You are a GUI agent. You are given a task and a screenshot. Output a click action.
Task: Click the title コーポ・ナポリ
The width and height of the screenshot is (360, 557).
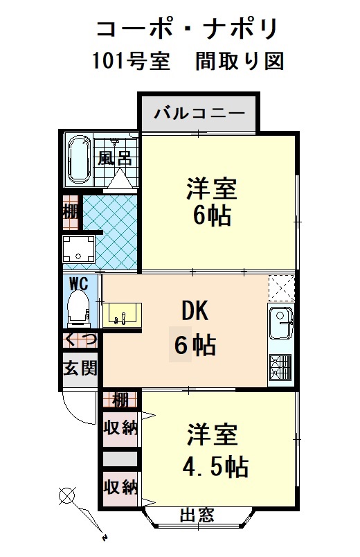tap(187, 29)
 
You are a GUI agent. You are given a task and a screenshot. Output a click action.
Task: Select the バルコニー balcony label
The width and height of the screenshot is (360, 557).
tap(199, 113)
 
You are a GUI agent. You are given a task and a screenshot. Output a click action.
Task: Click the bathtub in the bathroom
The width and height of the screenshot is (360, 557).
tap(80, 160)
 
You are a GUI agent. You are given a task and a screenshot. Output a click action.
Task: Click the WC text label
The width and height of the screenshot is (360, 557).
tap(79, 284)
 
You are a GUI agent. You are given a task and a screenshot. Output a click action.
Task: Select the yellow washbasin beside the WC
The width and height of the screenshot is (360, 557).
tap(123, 315)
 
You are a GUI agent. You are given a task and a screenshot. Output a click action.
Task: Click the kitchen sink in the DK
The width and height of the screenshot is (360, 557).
tap(281, 323)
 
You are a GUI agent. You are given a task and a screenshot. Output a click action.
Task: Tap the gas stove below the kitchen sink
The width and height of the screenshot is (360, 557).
tap(280, 367)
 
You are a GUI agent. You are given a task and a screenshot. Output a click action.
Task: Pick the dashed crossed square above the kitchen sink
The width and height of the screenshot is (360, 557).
tap(282, 288)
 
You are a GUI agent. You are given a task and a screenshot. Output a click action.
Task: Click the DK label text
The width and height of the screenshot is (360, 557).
tap(195, 310)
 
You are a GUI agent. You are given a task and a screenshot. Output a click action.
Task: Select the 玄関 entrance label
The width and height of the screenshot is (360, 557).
tap(80, 368)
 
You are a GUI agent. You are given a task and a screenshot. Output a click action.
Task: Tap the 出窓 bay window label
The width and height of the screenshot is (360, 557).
tap(197, 514)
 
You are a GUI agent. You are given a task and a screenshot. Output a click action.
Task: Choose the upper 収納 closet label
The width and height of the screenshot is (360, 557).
tap(120, 427)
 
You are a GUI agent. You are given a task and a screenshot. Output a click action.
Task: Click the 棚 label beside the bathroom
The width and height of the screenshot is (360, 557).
tap(71, 213)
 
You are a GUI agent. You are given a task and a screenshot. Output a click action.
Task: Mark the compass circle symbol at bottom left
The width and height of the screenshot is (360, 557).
tap(67, 495)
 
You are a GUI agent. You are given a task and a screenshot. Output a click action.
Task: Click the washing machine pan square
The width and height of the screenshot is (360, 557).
tap(79, 249)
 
